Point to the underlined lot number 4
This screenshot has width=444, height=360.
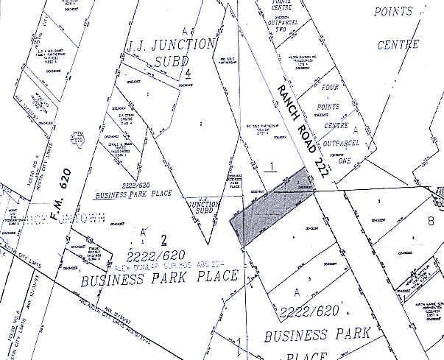[189, 74]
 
